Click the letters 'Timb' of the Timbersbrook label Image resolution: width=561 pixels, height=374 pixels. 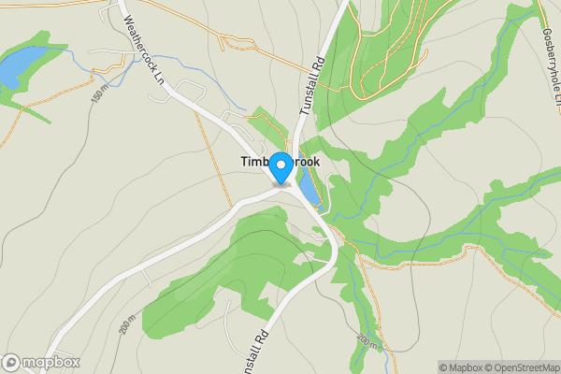coord(252,162)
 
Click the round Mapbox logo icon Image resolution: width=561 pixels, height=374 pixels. coord(11,363)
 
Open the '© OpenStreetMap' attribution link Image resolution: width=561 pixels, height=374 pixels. coord(521,367)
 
